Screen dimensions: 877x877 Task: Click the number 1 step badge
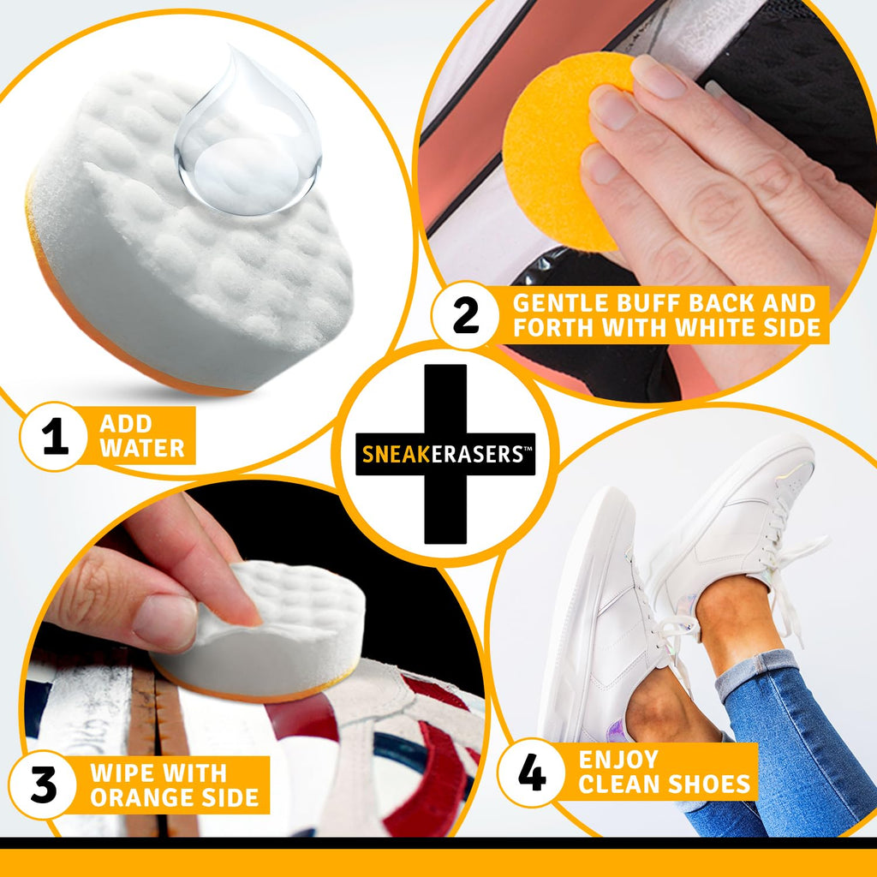tap(54, 437)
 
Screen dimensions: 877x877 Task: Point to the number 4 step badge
tap(532, 773)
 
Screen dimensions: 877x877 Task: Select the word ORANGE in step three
tap(140, 797)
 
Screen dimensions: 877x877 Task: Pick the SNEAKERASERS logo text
tap(444, 454)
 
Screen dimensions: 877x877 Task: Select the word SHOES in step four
tap(708, 784)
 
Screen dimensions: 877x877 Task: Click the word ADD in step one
tap(125, 423)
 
